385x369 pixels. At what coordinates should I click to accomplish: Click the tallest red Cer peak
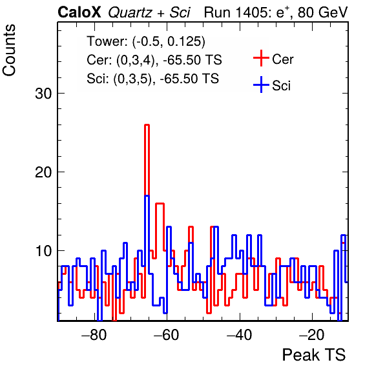(147, 125)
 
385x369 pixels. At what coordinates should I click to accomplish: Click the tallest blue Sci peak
(147, 195)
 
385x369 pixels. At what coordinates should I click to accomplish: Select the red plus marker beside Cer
(261, 58)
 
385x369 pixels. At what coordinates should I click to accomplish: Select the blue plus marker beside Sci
(261, 85)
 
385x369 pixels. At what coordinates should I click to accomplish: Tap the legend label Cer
(282, 59)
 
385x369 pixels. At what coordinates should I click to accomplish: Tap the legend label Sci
(281, 86)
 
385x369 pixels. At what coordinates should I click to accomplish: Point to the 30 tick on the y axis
(43, 94)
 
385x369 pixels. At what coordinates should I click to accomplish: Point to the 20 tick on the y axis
(43, 172)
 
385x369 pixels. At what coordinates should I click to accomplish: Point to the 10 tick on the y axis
(43, 251)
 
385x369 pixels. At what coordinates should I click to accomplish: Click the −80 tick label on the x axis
(94, 335)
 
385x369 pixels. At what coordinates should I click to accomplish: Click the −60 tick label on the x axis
(167, 335)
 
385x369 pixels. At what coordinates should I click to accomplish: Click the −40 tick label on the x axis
(240, 335)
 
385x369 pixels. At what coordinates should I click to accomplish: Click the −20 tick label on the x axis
(312, 335)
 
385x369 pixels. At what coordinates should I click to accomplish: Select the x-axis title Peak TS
(314, 355)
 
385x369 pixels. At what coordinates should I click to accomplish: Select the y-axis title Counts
(9, 50)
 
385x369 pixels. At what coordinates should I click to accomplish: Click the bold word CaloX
(79, 12)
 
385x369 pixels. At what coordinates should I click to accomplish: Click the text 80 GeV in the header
(322, 12)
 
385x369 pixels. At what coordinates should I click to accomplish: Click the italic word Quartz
(130, 12)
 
